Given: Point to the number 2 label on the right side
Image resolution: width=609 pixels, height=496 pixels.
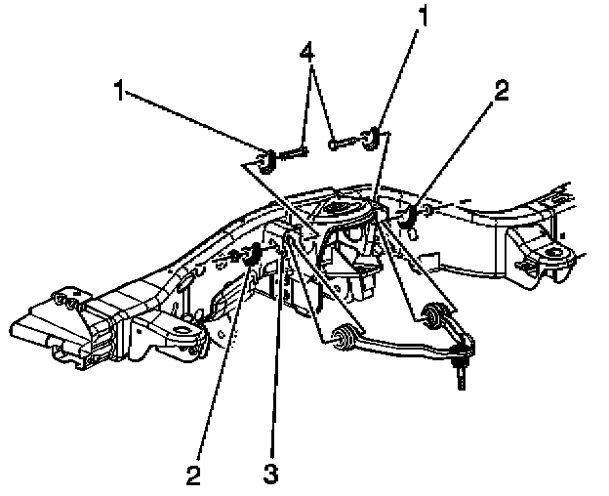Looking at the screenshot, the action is tap(501, 92).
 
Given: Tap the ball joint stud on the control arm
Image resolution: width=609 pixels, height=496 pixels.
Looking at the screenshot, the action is tap(460, 372).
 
